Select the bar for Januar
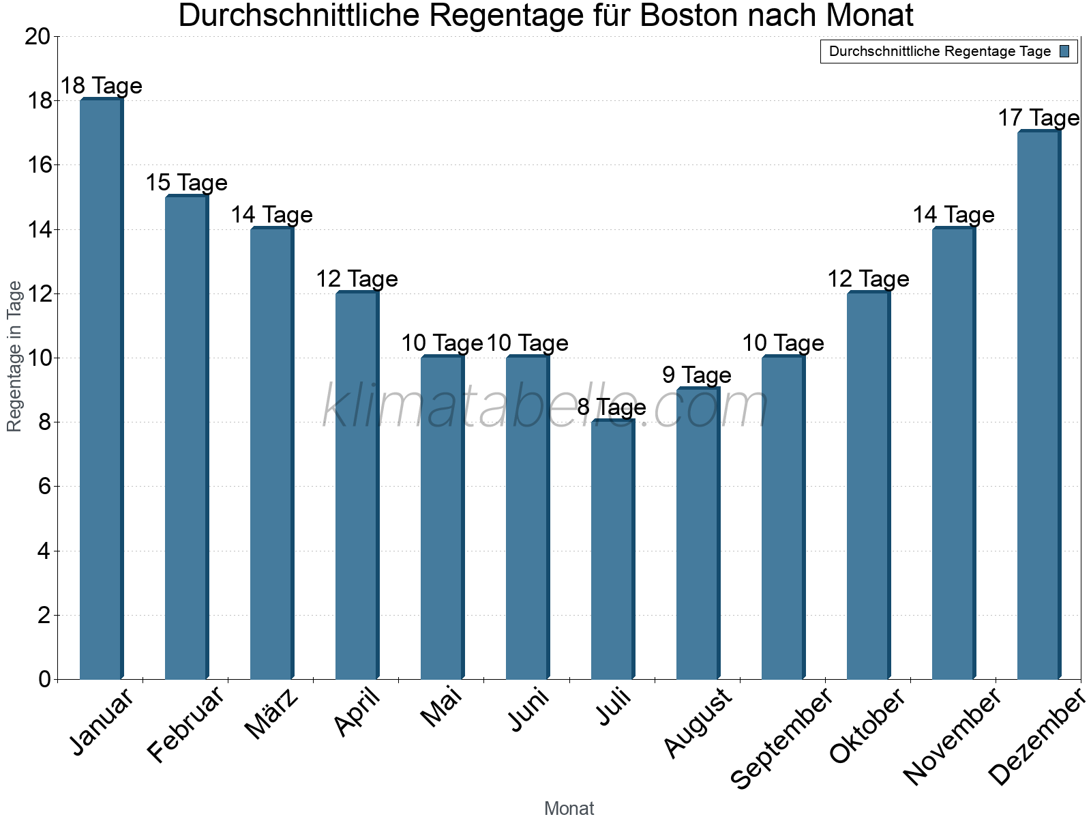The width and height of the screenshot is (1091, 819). [x=101, y=389]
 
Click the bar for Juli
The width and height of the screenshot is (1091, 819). [x=612, y=549]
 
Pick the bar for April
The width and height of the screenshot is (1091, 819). [x=357, y=485]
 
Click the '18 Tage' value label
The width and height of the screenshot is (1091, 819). [x=101, y=86]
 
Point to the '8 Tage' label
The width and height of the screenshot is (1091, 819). [x=612, y=407]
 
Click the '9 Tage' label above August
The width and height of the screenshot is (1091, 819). [x=697, y=375]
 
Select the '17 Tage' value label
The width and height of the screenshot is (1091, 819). [x=1038, y=118]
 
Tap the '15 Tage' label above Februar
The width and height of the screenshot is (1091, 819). [x=186, y=183]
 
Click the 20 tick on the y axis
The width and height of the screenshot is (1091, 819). [x=38, y=37]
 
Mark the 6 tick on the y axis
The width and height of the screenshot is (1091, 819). [x=44, y=487]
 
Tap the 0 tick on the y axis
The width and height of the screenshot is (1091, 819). [x=44, y=679]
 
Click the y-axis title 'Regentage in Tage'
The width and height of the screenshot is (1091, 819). [x=15, y=356]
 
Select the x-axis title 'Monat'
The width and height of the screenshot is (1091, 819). [x=569, y=808]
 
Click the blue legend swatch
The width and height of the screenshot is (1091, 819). [x=1064, y=51]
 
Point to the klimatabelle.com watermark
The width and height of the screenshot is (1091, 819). [x=545, y=407]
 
